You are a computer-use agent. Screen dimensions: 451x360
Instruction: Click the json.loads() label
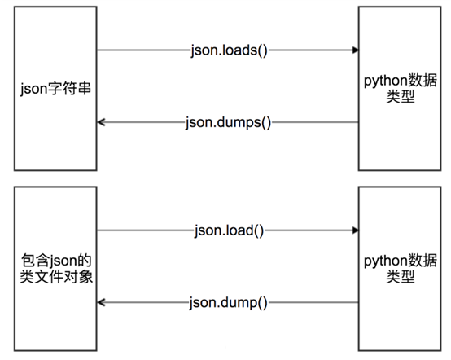[230, 51]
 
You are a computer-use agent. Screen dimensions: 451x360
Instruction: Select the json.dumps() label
[228, 123]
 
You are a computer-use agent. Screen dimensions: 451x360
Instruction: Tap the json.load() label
[229, 231]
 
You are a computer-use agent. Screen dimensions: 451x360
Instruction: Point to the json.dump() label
[228, 303]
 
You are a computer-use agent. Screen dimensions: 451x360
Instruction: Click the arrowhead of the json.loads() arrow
[356, 50]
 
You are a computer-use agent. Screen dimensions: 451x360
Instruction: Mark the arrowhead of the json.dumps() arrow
[101, 122]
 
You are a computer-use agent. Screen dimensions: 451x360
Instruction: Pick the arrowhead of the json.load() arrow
[356, 230]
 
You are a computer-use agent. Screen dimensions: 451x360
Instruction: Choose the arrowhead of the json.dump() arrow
[101, 302]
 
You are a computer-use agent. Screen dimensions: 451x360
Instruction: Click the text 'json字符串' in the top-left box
[55, 89]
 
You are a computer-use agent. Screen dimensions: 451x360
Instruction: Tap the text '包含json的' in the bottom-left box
[56, 261]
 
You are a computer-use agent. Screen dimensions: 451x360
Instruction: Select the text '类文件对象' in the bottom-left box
[56, 277]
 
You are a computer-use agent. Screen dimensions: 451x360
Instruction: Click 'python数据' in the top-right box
[400, 81]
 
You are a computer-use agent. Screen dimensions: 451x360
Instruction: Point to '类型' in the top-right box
[400, 96]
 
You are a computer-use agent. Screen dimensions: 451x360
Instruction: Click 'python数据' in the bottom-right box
[400, 261]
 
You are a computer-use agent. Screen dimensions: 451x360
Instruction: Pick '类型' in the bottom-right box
[400, 277]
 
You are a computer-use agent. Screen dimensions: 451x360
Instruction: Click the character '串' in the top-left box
[85, 88]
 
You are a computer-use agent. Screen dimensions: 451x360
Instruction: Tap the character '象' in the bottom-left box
[85, 277]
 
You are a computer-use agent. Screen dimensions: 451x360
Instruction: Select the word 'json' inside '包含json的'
[63, 261]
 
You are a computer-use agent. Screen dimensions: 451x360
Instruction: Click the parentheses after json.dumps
[265, 123]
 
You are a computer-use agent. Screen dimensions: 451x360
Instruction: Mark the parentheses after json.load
[258, 231]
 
